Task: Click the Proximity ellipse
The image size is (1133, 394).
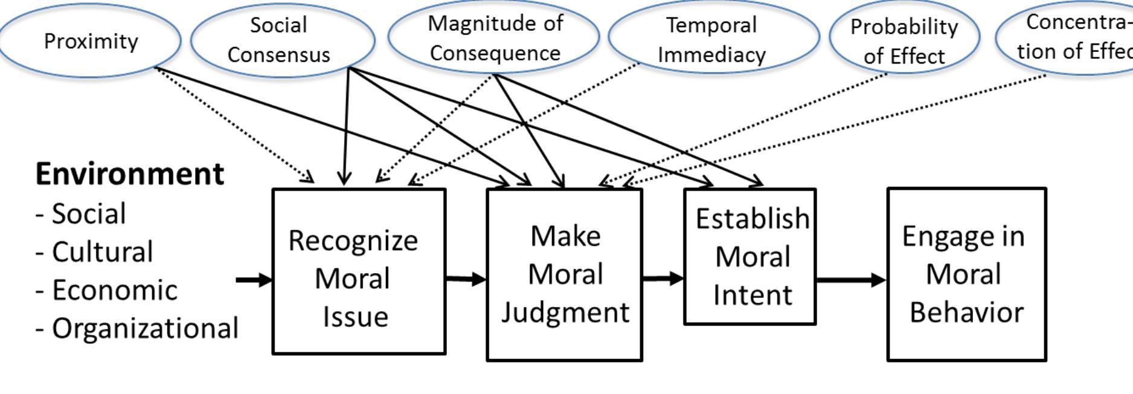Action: pyautogui.click(x=91, y=41)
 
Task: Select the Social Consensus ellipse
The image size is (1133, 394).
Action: pyautogui.click(x=282, y=40)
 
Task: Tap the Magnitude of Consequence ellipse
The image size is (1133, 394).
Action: pyautogui.click(x=494, y=37)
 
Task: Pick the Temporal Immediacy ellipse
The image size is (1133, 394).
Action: pyautogui.click(x=713, y=39)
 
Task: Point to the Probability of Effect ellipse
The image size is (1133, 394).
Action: pyautogui.click(x=904, y=40)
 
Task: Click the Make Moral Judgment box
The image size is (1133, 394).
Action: pyautogui.click(x=564, y=275)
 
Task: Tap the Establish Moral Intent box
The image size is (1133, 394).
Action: pyautogui.click(x=750, y=257)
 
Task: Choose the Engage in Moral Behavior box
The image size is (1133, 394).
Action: pyautogui.click(x=966, y=275)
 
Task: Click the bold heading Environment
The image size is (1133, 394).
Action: pyautogui.click(x=130, y=174)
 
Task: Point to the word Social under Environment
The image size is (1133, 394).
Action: pyautogui.click(x=89, y=214)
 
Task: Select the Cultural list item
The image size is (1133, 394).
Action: pyautogui.click(x=102, y=252)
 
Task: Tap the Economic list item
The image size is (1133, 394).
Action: pyautogui.click(x=114, y=291)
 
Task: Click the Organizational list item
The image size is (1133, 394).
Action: pyautogui.click(x=145, y=329)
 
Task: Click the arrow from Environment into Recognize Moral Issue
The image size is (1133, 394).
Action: pyautogui.click(x=254, y=280)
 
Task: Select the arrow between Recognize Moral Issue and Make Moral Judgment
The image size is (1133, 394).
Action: pyautogui.click(x=466, y=279)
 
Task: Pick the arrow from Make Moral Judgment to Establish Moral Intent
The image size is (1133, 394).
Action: pyautogui.click(x=663, y=279)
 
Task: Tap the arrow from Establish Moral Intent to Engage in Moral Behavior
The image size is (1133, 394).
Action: pyautogui.click(x=851, y=280)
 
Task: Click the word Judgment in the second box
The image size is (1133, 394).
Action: pyautogui.click(x=565, y=313)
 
